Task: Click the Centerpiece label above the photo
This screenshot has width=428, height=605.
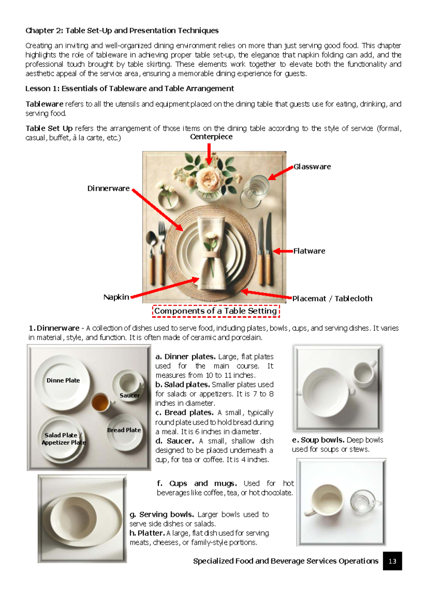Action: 211,137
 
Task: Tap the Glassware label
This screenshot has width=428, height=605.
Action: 312,167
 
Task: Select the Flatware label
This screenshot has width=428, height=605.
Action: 309,251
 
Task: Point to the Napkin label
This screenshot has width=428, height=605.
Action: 116,297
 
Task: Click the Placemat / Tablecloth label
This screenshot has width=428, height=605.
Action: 332,299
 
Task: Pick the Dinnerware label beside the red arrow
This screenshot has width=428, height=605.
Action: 108,188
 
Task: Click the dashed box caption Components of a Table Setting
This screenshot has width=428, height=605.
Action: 215,311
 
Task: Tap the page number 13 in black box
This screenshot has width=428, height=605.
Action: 392,561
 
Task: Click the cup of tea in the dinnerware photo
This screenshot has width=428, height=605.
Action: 100,402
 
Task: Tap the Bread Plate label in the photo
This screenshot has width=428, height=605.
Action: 124,430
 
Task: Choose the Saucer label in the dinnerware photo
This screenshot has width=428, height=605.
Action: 129,395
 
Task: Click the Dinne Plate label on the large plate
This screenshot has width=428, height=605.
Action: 63,381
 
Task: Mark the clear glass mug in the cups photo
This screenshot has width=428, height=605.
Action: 363,502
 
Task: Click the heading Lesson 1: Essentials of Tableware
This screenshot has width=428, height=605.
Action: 129,88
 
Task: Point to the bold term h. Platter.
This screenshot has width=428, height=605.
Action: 147,533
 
